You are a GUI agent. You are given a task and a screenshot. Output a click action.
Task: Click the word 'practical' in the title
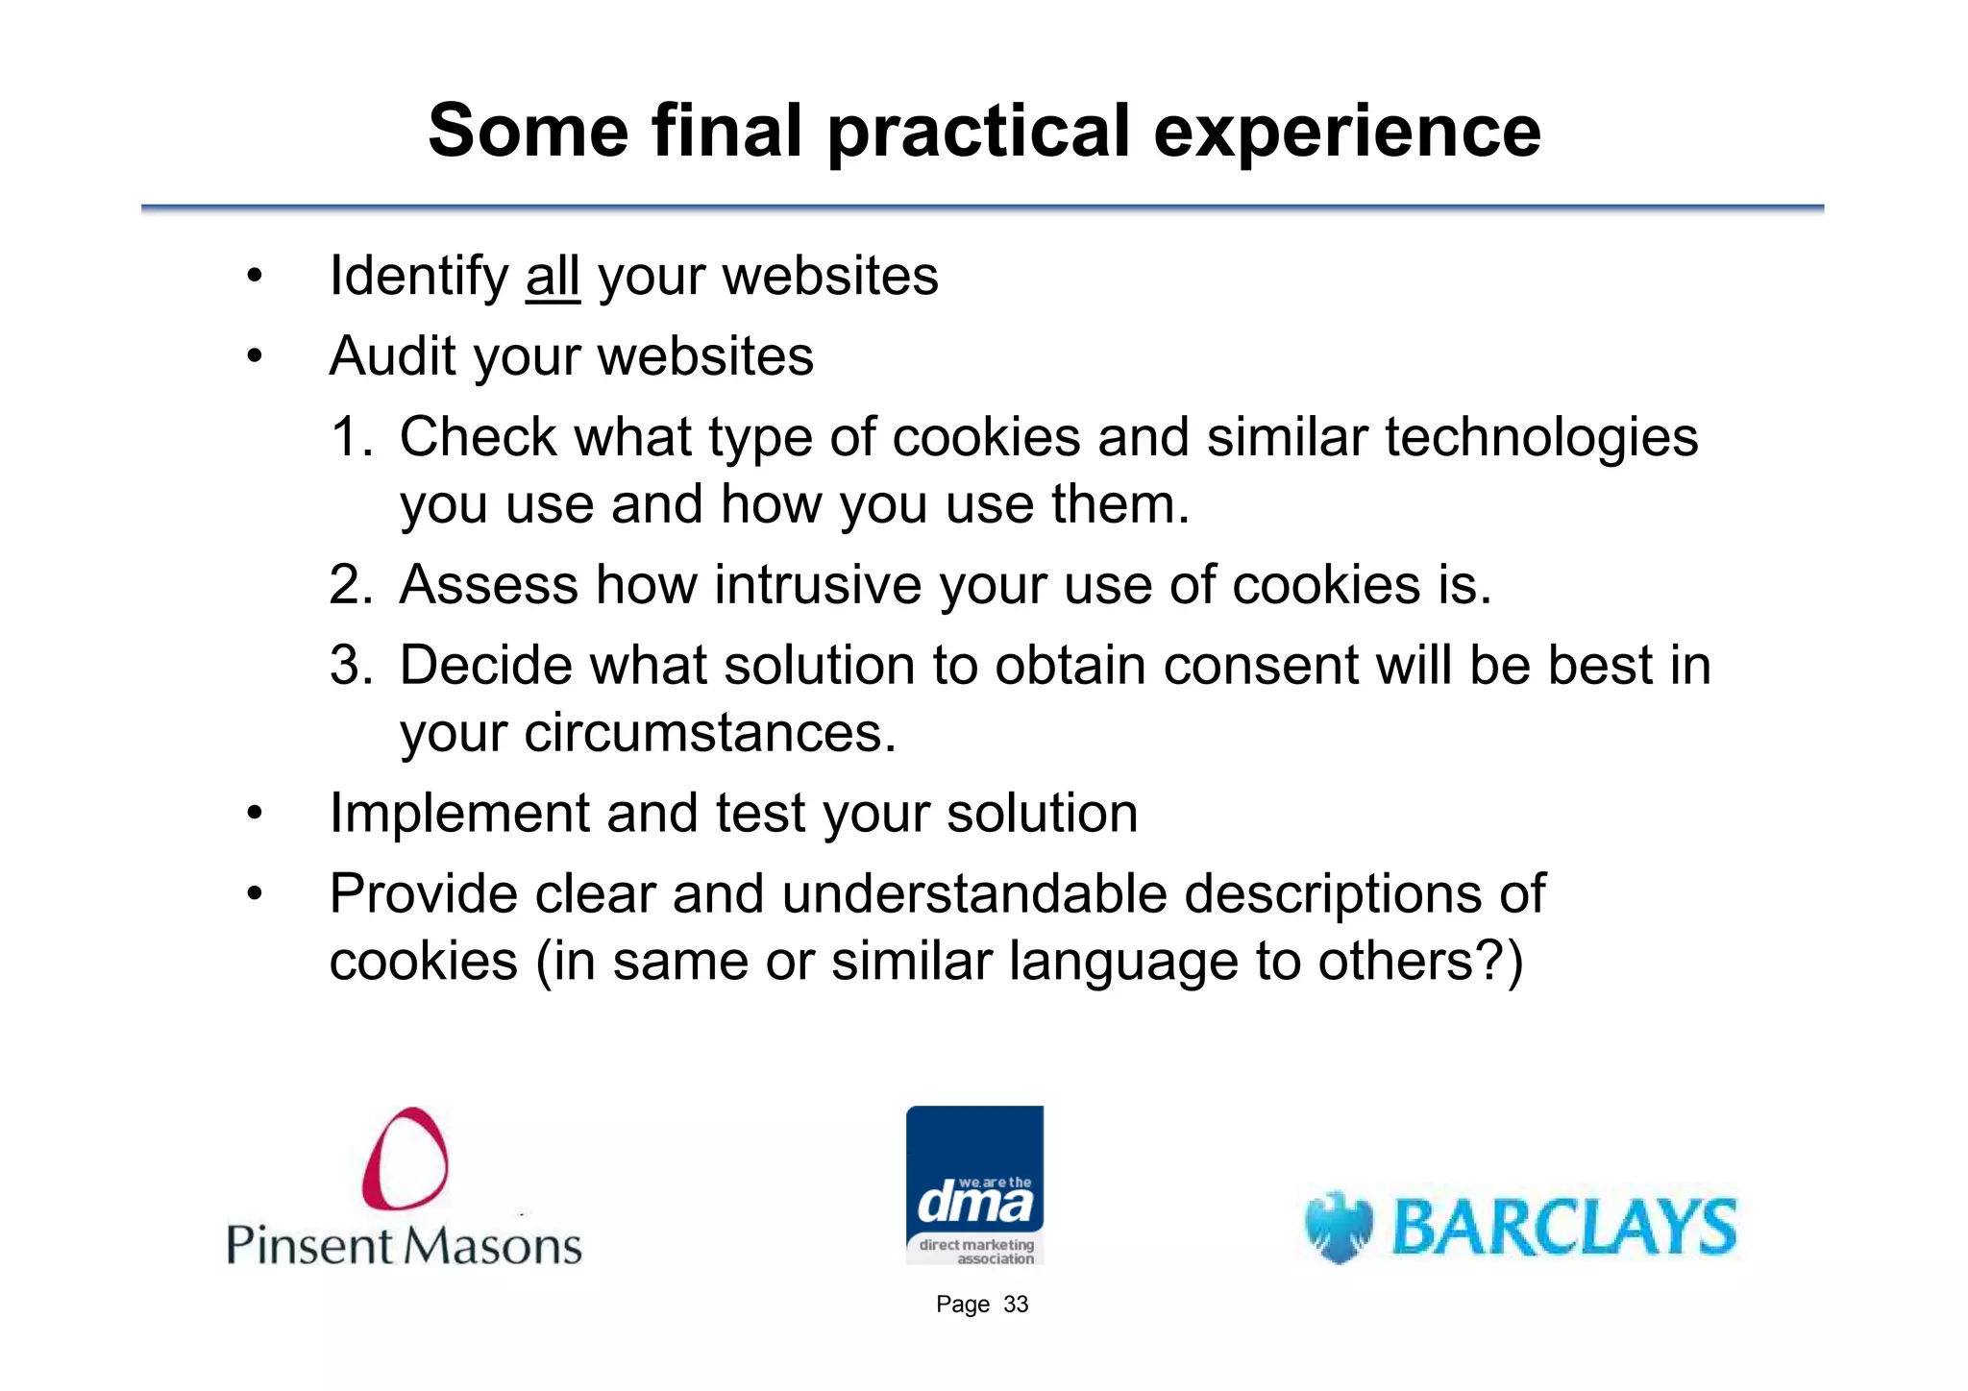click(x=978, y=133)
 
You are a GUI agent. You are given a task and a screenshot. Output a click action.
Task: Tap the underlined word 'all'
click(x=553, y=277)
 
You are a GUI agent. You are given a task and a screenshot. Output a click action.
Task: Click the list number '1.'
click(x=352, y=437)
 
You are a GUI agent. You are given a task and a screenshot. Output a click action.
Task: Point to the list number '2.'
click(x=352, y=585)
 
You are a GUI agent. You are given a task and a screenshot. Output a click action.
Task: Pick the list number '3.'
click(x=352, y=666)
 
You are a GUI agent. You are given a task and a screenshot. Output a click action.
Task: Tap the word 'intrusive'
click(x=818, y=585)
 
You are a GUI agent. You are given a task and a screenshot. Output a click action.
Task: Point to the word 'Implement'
click(x=459, y=814)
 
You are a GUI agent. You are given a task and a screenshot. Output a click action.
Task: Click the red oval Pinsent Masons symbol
click(x=405, y=1159)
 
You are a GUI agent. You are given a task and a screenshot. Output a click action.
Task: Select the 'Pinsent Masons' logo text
click(x=405, y=1246)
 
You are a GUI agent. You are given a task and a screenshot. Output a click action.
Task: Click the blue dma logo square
click(x=974, y=1184)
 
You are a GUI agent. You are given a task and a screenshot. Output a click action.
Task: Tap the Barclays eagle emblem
click(x=1338, y=1228)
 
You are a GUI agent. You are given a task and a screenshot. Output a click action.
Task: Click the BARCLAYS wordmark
click(x=1563, y=1228)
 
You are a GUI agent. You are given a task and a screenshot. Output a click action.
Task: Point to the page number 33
click(x=1015, y=1305)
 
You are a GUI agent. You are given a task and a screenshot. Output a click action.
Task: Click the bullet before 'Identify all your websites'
click(x=254, y=277)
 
